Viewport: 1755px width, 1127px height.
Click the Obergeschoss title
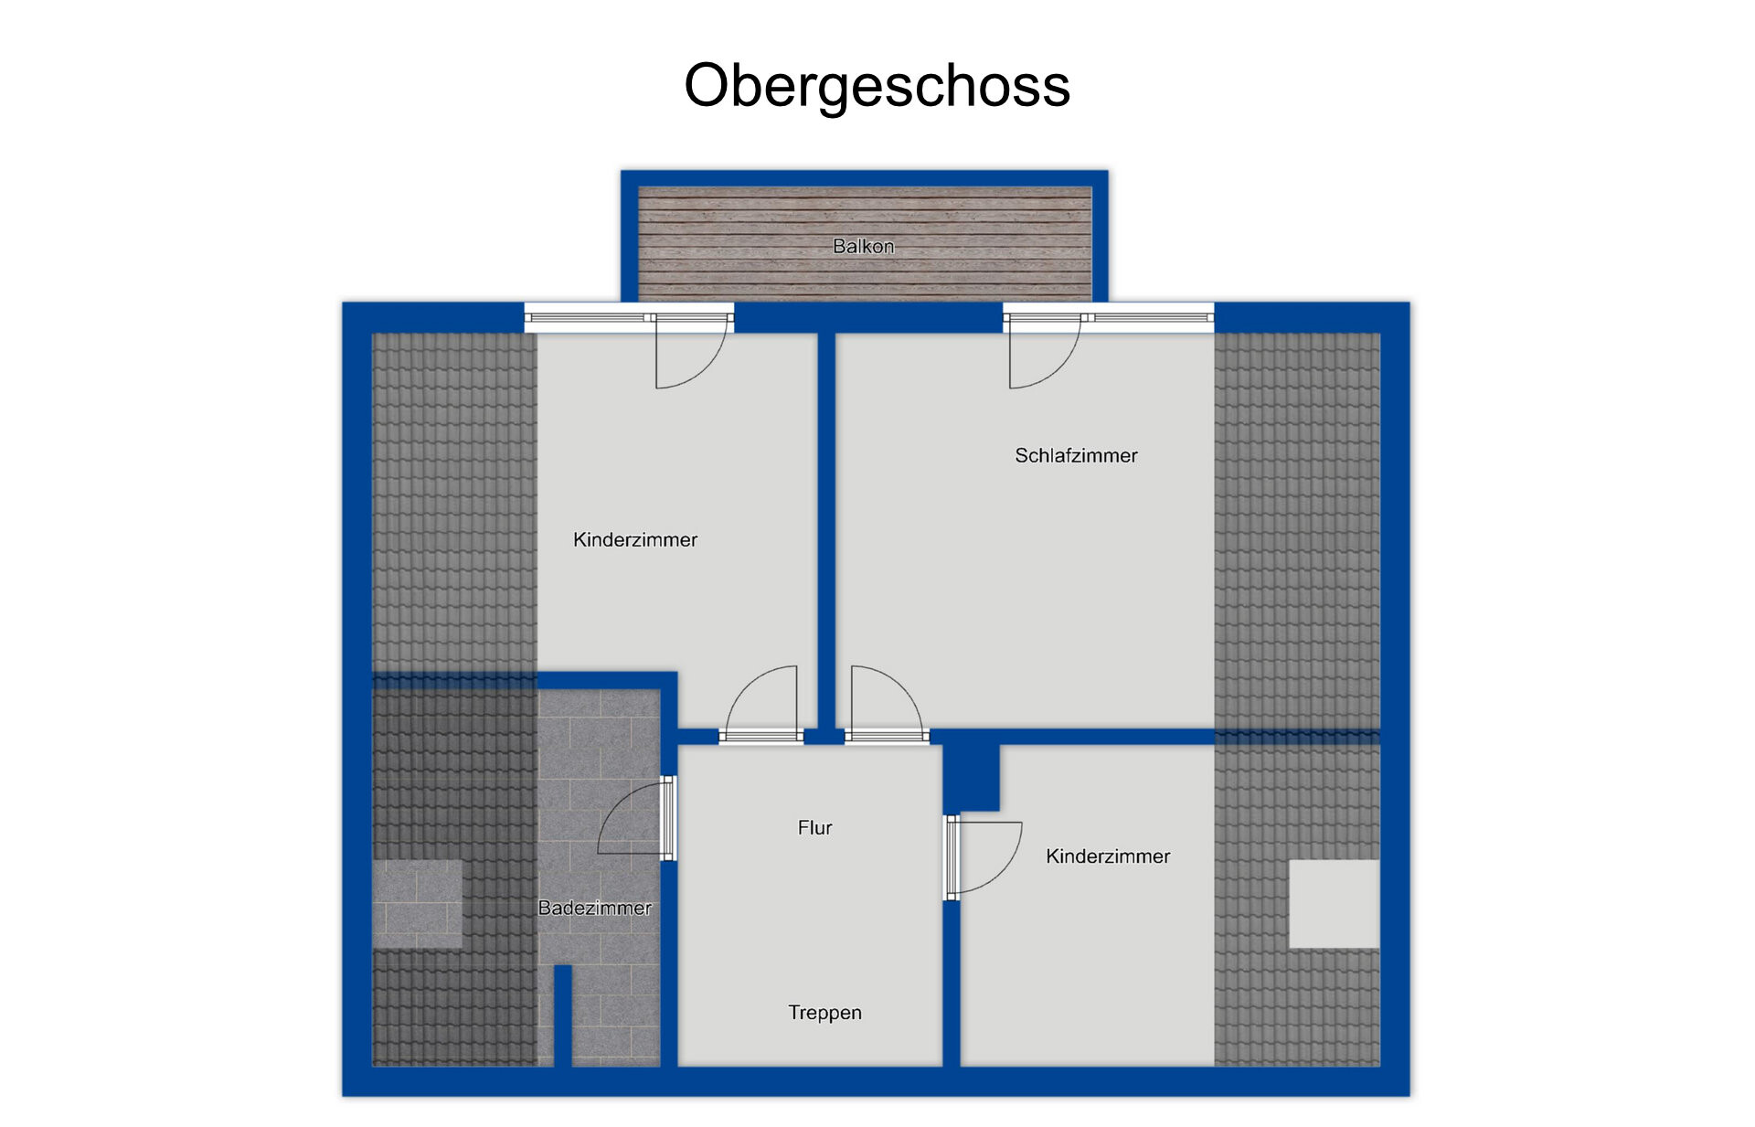point(877,87)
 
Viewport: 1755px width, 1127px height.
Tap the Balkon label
point(863,246)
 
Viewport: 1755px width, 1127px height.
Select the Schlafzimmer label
point(1076,455)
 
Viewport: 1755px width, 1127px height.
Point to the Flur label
point(814,827)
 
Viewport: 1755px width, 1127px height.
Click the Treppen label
point(824,1013)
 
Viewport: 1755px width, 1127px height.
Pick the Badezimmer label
point(594,908)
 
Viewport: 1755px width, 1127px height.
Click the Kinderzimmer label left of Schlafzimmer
point(634,539)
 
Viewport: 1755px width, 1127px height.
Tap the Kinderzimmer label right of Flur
point(1108,856)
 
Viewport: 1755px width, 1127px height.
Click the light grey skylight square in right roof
point(1334,904)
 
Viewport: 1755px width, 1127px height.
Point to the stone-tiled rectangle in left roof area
point(417,904)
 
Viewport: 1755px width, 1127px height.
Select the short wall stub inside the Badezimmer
point(563,1015)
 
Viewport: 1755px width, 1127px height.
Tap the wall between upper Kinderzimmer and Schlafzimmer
point(826,531)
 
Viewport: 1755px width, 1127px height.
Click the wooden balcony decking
point(865,244)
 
